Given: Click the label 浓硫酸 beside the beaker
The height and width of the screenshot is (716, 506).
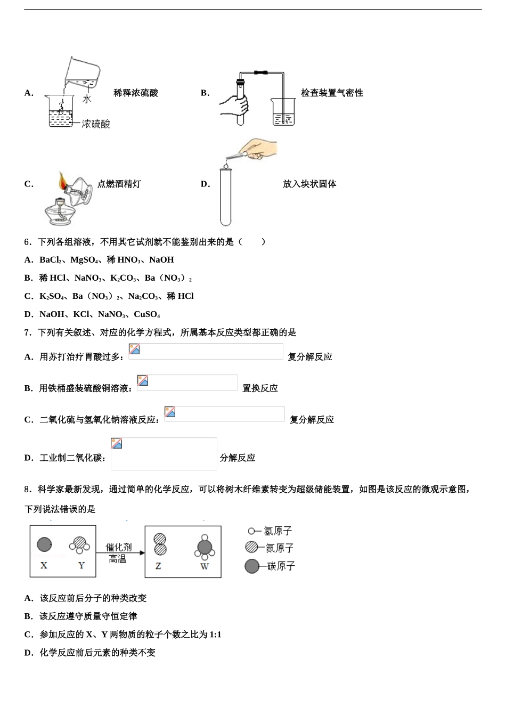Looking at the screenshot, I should [x=96, y=124].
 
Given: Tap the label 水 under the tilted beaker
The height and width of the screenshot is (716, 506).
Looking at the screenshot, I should [x=87, y=99].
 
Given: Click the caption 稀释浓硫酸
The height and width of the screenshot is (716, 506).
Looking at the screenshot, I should [x=136, y=93].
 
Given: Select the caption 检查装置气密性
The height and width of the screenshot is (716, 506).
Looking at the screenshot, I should [x=332, y=93].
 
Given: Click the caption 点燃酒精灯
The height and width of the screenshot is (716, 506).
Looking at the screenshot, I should [x=119, y=184].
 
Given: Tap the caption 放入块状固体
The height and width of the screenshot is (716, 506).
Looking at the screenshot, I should [x=309, y=184].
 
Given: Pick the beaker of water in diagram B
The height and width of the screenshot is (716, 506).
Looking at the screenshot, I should [x=283, y=112].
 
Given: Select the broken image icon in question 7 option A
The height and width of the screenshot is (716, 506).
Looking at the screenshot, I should [x=134, y=349].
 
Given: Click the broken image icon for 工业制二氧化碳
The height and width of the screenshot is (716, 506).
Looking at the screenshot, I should [x=117, y=443].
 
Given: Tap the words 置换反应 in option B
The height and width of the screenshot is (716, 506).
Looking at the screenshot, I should [x=260, y=388].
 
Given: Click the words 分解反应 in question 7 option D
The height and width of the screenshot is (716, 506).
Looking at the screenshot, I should [x=237, y=458].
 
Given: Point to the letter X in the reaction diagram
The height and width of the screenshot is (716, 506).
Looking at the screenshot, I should [x=44, y=565].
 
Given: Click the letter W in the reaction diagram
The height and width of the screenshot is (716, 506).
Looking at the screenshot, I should [x=204, y=566].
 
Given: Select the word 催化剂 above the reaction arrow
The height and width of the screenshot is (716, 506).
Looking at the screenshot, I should [x=118, y=547].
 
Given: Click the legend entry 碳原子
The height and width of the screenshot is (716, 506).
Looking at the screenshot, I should [x=280, y=566].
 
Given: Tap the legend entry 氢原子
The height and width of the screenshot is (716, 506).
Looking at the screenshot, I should [x=278, y=531].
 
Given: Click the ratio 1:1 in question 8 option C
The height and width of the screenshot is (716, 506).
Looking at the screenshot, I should [x=215, y=634].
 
